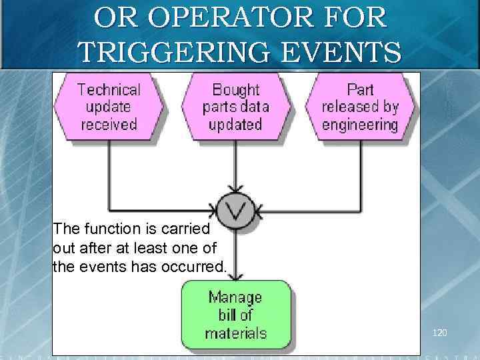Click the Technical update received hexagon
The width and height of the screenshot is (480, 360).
[109, 107]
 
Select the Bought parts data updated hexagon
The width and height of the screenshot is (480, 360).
[235, 107]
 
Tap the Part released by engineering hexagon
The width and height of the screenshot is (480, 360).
[360, 107]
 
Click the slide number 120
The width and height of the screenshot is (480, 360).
[440, 332]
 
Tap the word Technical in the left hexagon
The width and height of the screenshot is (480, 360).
[109, 89]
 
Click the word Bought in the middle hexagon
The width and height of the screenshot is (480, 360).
[235, 89]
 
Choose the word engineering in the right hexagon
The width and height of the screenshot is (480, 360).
[360, 125]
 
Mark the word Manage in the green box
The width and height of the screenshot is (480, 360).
[235, 297]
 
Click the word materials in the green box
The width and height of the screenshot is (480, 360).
[235, 333]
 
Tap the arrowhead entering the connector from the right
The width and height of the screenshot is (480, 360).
[259, 212]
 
